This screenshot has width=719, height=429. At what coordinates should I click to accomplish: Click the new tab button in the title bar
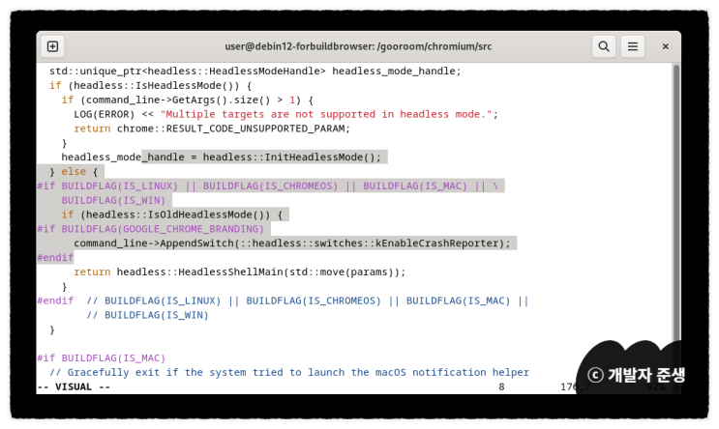(x=52, y=46)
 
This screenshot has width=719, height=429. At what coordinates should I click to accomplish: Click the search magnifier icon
(x=603, y=46)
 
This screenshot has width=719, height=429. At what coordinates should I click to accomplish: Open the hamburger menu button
(x=632, y=46)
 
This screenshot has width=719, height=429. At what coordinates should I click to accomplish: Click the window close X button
(x=665, y=46)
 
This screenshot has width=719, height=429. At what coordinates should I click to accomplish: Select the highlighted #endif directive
(x=55, y=258)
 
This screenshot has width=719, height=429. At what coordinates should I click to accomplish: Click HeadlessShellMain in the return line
(x=227, y=272)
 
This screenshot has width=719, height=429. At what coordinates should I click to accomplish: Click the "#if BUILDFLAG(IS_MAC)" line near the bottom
(x=102, y=357)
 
